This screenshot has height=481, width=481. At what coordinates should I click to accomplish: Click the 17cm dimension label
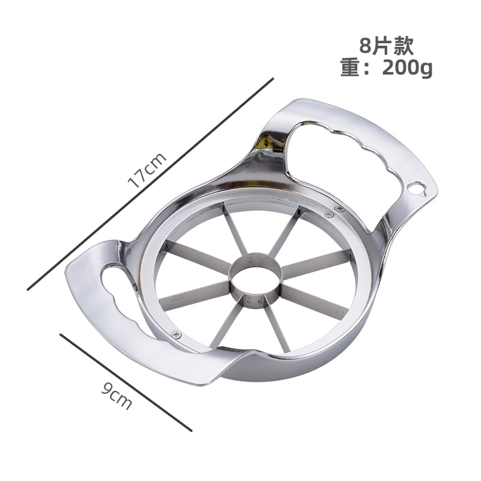[x=147, y=170]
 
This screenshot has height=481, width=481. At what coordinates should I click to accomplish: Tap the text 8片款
[x=386, y=46]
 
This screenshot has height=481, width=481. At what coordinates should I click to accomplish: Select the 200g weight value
[x=407, y=69]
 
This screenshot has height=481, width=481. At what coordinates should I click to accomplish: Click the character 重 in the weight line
[x=350, y=67]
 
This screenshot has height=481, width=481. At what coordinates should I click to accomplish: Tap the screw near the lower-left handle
[x=176, y=335]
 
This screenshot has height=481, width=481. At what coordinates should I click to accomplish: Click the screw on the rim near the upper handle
[x=329, y=215]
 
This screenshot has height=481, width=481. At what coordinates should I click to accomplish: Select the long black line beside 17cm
[x=150, y=184]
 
